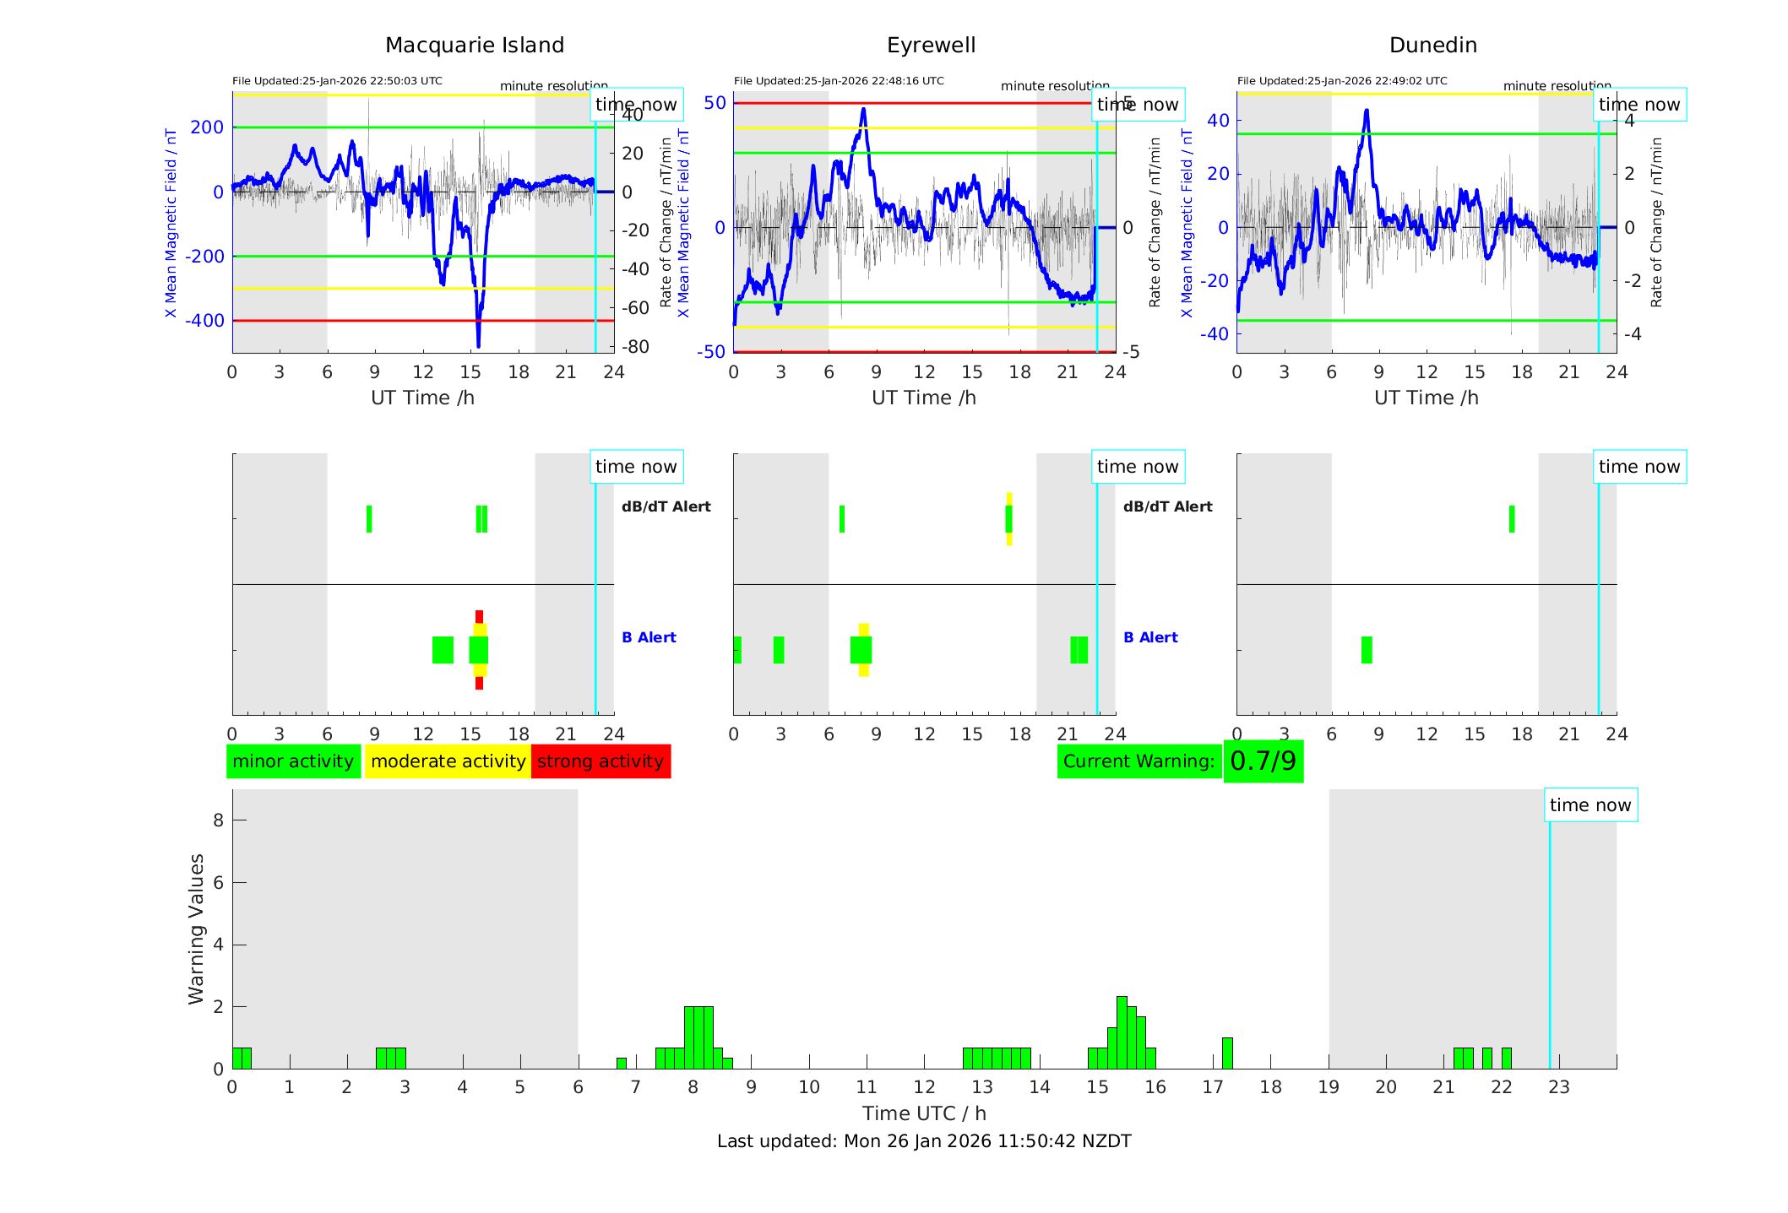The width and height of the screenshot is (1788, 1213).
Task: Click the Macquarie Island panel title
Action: pyautogui.click(x=475, y=46)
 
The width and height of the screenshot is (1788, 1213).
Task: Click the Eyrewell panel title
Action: pyautogui.click(x=931, y=46)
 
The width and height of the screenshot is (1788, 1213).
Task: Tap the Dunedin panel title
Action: pyautogui.click(x=1432, y=46)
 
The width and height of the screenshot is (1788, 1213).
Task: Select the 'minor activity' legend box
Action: pyautogui.click(x=293, y=761)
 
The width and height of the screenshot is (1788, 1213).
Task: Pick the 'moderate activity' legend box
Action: pyautogui.click(x=448, y=761)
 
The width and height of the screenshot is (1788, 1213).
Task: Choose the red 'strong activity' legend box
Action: pyautogui.click(x=601, y=761)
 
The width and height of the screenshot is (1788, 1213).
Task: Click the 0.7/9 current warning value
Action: pyautogui.click(x=1263, y=761)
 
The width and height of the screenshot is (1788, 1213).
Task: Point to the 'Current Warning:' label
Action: pyautogui.click(x=1139, y=761)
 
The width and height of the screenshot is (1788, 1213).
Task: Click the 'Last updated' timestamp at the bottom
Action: pyautogui.click(x=924, y=1141)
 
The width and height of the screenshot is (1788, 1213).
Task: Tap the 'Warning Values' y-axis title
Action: pyautogui.click(x=197, y=929)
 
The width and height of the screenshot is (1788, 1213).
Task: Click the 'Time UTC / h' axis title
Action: pyautogui.click(x=924, y=1113)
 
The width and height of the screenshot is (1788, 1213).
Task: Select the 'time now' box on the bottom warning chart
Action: pyautogui.click(x=1590, y=805)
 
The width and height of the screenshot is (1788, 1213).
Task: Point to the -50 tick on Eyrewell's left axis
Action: pyautogui.click(x=711, y=352)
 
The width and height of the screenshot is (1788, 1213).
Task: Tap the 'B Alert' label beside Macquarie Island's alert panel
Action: pyautogui.click(x=649, y=637)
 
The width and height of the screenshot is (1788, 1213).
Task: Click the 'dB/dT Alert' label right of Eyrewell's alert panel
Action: pyautogui.click(x=1167, y=506)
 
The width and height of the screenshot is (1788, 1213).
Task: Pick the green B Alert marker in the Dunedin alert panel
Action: pyautogui.click(x=1367, y=650)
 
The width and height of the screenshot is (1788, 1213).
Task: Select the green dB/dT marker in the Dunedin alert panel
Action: pyautogui.click(x=1512, y=519)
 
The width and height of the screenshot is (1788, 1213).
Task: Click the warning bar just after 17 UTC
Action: pyautogui.click(x=1227, y=1053)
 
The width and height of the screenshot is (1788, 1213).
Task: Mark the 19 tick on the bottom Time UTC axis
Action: pyautogui.click(x=1329, y=1087)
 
